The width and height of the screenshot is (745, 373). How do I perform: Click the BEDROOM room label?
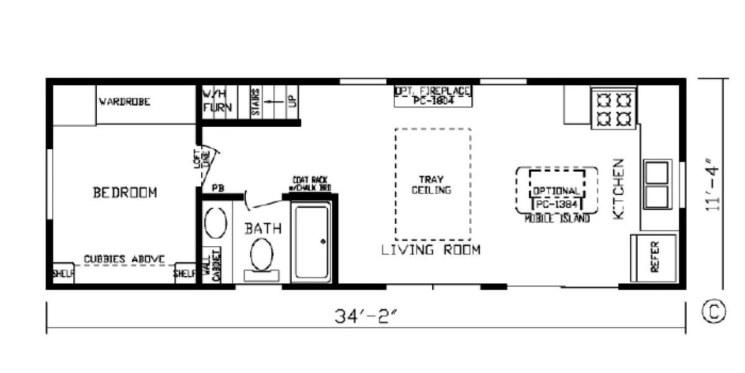click(x=125, y=193)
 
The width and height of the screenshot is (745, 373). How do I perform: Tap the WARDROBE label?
click(x=124, y=102)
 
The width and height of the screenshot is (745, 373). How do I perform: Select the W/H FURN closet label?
click(x=217, y=101)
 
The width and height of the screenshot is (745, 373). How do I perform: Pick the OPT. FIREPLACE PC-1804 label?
click(x=433, y=96)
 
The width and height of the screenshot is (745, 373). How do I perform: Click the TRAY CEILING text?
click(x=431, y=185)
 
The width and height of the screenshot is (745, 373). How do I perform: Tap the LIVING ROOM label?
click(x=431, y=251)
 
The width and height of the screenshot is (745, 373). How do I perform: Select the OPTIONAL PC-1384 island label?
click(x=557, y=196)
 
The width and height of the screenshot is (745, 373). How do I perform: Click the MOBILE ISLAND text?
click(x=557, y=219)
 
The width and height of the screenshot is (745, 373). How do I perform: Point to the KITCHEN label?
click(x=618, y=188)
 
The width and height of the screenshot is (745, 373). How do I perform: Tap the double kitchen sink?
click(x=657, y=185)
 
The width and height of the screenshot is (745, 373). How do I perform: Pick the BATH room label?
click(x=263, y=229)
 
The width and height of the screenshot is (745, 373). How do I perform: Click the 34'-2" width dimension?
click(x=366, y=316)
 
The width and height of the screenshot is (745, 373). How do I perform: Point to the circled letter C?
click(x=713, y=312)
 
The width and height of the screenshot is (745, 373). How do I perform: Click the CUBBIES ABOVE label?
click(x=124, y=259)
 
